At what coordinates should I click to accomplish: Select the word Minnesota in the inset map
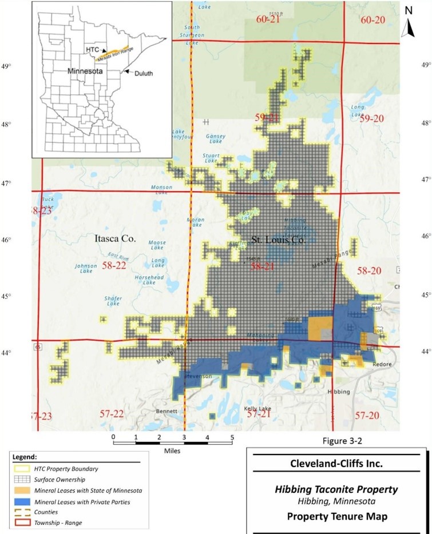pos(85,73)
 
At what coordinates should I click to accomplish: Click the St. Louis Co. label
pos(279,241)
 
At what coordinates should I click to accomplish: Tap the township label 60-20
pos(374,20)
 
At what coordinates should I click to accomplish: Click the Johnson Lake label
pos(86,268)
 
